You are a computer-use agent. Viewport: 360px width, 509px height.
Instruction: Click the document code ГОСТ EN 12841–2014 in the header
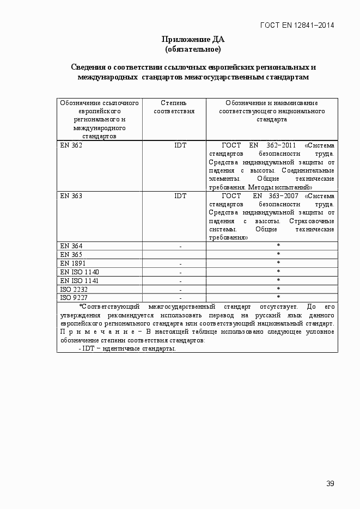(x=297, y=25)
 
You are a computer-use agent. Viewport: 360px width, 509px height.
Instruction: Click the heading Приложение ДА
(x=193, y=39)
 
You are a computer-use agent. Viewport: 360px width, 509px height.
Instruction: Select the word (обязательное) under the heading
(x=193, y=49)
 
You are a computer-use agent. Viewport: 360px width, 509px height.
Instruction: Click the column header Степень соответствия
(x=174, y=107)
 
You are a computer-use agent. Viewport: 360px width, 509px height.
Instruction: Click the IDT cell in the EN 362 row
(x=180, y=145)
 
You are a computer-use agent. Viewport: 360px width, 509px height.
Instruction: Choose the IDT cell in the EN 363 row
(x=180, y=196)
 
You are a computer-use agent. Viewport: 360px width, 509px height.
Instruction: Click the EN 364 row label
(x=71, y=246)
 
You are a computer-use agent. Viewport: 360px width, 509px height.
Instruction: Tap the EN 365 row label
(x=71, y=255)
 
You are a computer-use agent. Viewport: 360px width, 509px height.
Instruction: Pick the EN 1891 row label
(x=73, y=263)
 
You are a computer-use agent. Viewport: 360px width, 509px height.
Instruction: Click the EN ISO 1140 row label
(x=80, y=272)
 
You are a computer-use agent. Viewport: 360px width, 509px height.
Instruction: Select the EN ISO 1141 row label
(x=80, y=280)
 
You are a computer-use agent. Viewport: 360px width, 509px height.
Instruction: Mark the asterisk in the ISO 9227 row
(x=278, y=297)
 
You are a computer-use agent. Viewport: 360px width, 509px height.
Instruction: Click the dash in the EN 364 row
(x=180, y=247)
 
